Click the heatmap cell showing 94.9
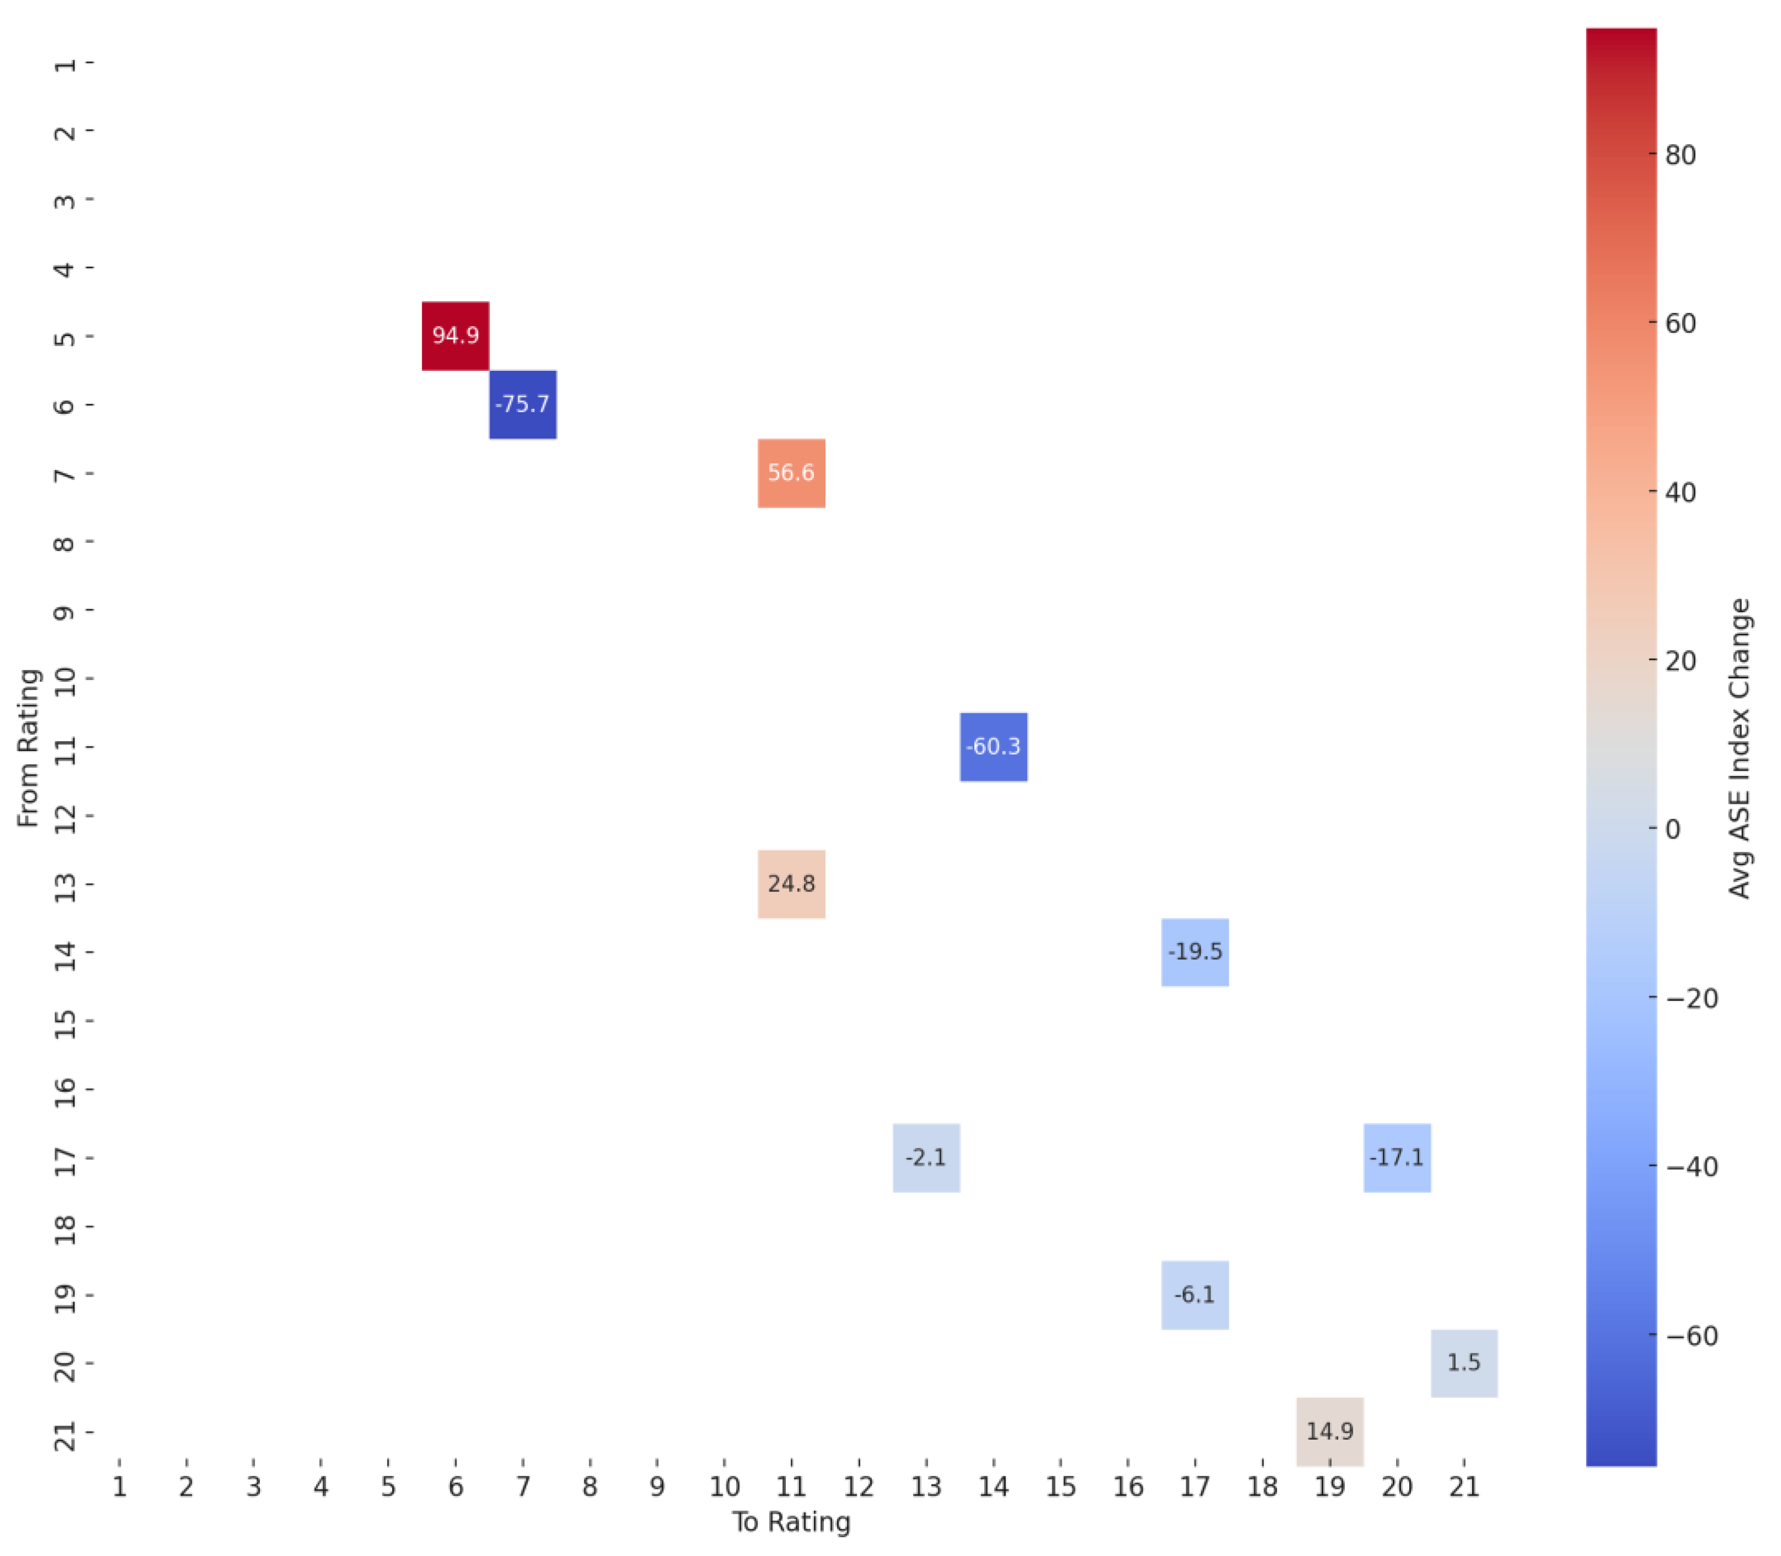pyautogui.click(x=455, y=335)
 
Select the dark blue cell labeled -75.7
pyautogui.click(x=523, y=404)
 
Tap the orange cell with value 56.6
pyautogui.click(x=791, y=472)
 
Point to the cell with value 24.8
pyautogui.click(x=791, y=884)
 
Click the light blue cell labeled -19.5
pyautogui.click(x=1194, y=952)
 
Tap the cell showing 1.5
pyautogui.click(x=1463, y=1363)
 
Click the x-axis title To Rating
pyautogui.click(x=791, y=1522)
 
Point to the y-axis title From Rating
pyautogui.click(x=29, y=747)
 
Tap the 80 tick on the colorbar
pyautogui.click(x=1680, y=155)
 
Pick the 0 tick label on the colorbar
pyautogui.click(x=1673, y=829)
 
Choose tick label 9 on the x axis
pyautogui.click(x=657, y=1487)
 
